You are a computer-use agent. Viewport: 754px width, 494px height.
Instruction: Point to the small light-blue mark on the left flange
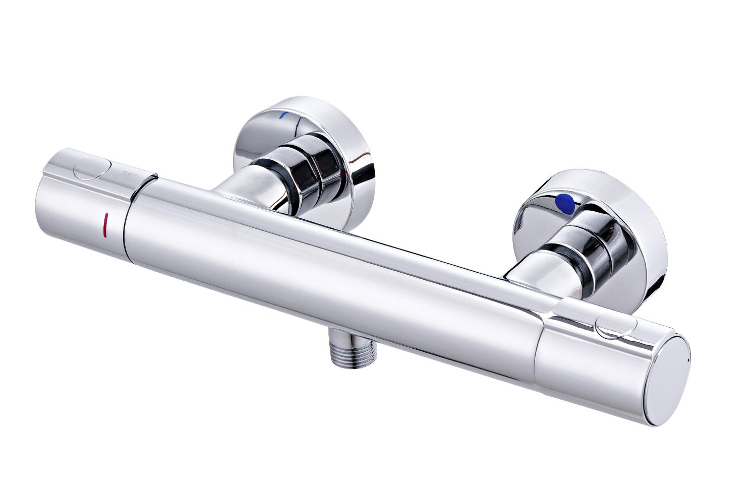pyautogui.click(x=284, y=116)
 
